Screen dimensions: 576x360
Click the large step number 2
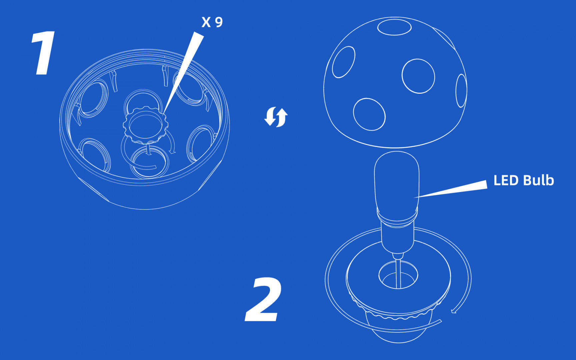point(263,299)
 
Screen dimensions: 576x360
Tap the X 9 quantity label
point(212,22)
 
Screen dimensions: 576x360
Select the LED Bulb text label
point(523,180)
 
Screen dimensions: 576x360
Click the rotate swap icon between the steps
point(276,117)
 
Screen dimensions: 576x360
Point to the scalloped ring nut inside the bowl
point(145,124)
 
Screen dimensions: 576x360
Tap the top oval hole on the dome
point(394,27)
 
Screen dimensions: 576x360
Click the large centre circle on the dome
point(418,76)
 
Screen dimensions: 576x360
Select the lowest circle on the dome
point(369,114)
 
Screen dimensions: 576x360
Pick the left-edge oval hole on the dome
point(344,62)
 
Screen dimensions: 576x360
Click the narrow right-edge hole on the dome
point(461,91)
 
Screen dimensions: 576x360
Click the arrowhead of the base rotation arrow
point(454,311)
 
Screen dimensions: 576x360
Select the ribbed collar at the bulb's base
point(397,217)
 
